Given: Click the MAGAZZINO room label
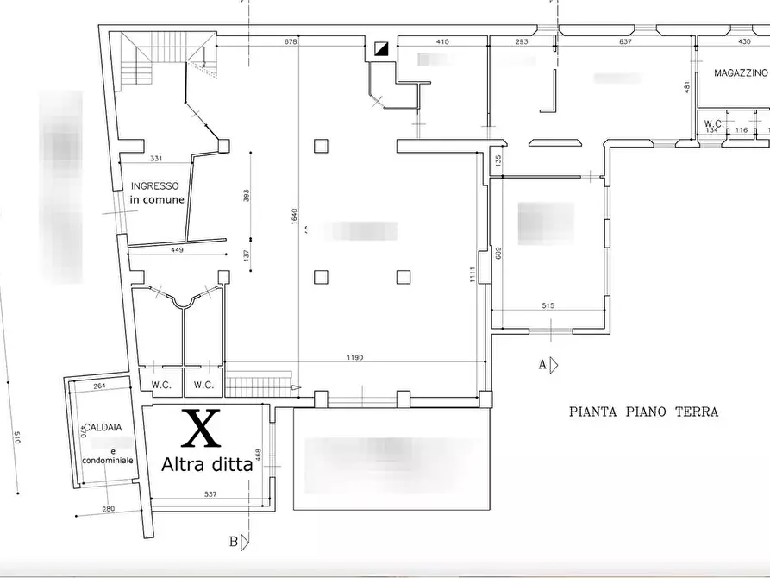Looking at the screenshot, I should [741, 73].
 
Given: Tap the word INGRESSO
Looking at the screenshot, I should [155, 185].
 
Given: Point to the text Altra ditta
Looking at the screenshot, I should [207, 464].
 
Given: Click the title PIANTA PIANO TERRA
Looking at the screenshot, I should [643, 412].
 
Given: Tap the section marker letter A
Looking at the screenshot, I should [542, 365].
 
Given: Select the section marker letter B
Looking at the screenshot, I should [233, 542].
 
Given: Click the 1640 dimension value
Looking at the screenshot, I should [295, 219].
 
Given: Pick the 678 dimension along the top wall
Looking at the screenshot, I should [290, 41].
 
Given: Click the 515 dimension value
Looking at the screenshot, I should [548, 305].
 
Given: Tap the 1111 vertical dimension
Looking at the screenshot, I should [472, 274].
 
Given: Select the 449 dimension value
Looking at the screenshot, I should [177, 251].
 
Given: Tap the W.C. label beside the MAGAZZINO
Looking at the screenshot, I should [713, 123].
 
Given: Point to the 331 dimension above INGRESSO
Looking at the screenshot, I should [156, 158].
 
